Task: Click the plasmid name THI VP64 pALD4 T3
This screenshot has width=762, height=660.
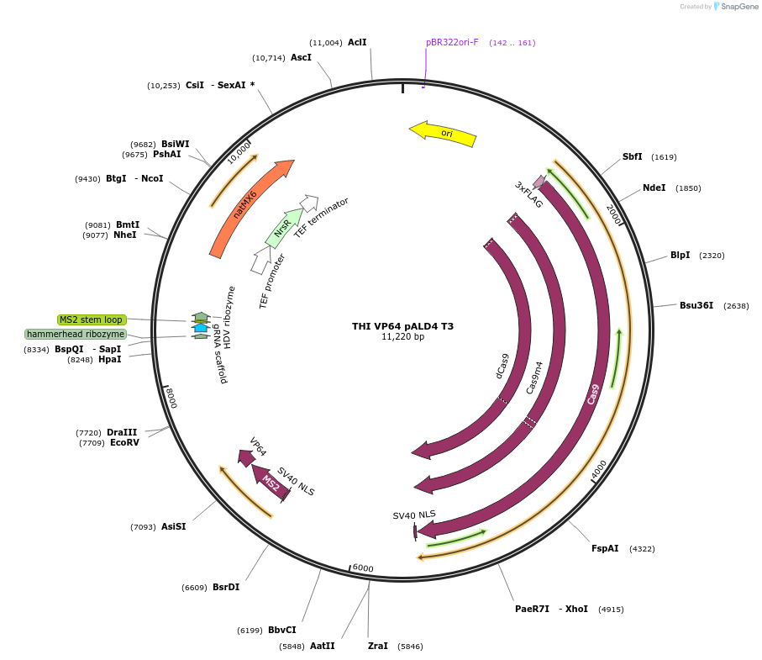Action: pyautogui.click(x=402, y=326)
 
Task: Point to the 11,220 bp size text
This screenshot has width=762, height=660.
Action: pyautogui.click(x=402, y=337)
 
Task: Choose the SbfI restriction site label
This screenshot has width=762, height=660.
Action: pyautogui.click(x=632, y=156)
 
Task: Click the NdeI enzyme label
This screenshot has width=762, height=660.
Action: pyautogui.click(x=654, y=187)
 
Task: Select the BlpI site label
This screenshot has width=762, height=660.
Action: pyautogui.click(x=680, y=255)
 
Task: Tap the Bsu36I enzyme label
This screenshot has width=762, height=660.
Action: pyautogui.click(x=696, y=305)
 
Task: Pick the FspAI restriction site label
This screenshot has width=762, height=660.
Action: pyautogui.click(x=605, y=548)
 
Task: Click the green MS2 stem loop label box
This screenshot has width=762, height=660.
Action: pyautogui.click(x=92, y=319)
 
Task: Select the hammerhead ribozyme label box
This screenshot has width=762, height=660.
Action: pyautogui.click(x=76, y=334)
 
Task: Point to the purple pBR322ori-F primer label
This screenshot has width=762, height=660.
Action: pyautogui.click(x=452, y=42)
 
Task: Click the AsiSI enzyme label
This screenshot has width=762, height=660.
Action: pyautogui.click(x=173, y=526)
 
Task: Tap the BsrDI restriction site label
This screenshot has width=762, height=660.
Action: pyautogui.click(x=225, y=587)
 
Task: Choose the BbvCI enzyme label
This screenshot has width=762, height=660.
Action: pyautogui.click(x=281, y=630)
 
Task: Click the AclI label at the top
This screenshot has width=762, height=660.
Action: pyautogui.click(x=357, y=42)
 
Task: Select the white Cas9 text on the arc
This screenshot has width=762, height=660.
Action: pyautogui.click(x=593, y=393)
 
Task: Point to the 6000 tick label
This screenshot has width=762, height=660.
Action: pyautogui.click(x=363, y=568)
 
